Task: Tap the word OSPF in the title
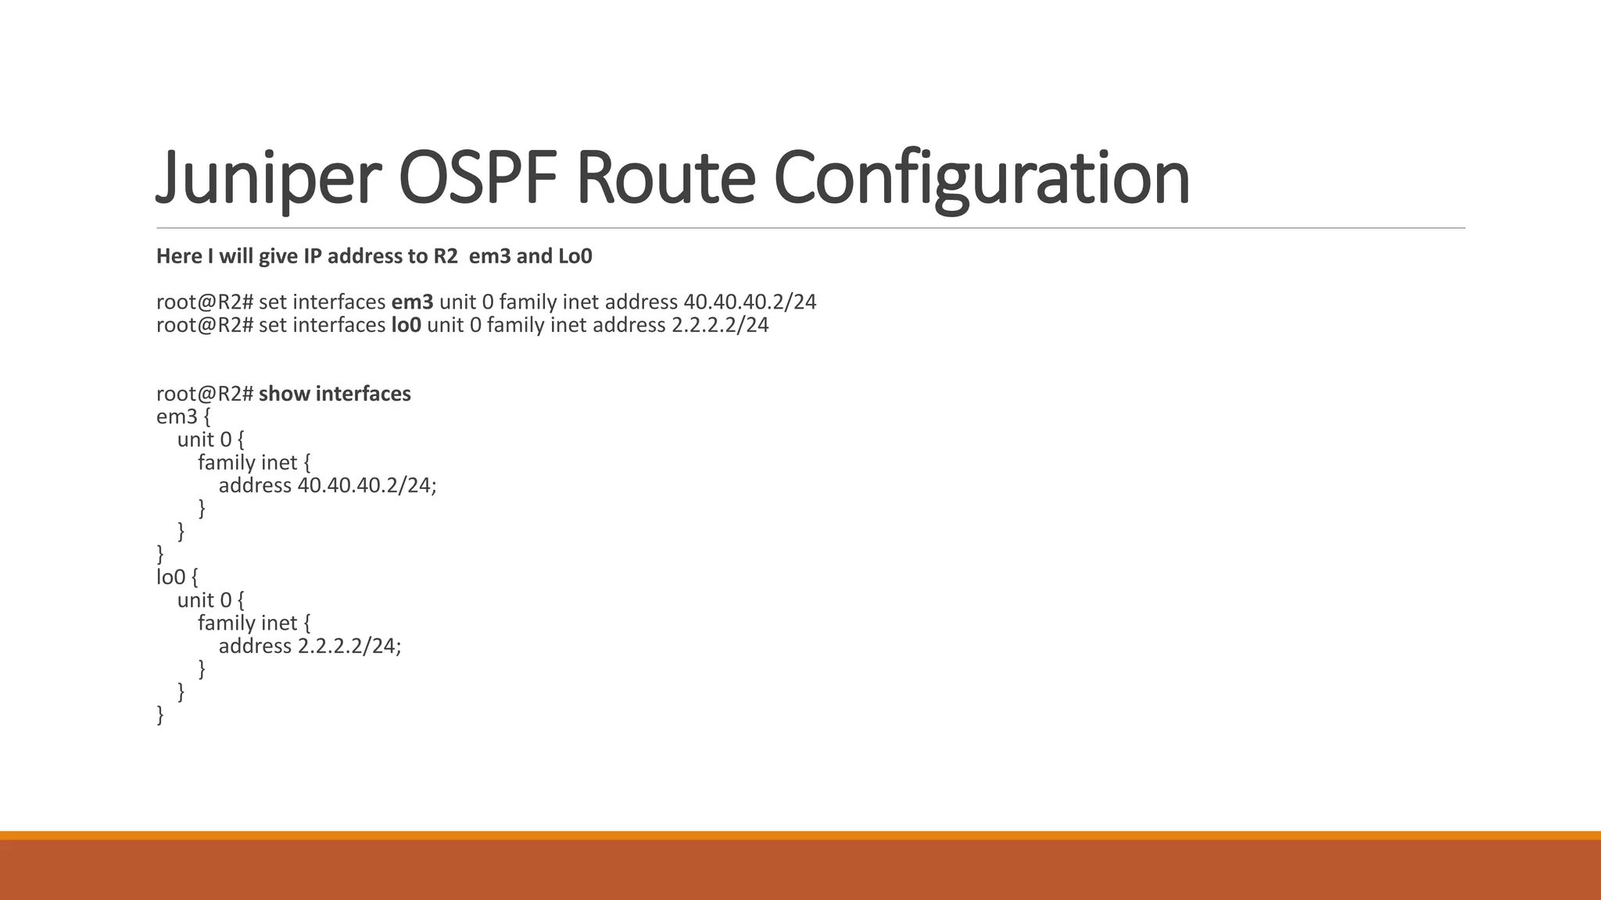[478, 178]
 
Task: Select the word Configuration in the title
[981, 178]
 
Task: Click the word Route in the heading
[665, 178]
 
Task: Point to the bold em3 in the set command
[412, 302]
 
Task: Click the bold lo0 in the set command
[406, 325]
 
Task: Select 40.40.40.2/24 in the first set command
[750, 302]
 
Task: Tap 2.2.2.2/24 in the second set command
[720, 325]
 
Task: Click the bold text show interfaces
[335, 394]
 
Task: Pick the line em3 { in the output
[184, 416]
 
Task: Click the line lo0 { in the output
[177, 577]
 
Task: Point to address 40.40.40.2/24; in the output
[327, 485]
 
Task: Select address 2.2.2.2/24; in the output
[310, 646]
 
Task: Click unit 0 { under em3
[210, 440]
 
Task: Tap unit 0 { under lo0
[210, 600]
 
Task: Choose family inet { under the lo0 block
[254, 623]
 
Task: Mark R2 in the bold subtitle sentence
[445, 256]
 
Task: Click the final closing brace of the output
[160, 715]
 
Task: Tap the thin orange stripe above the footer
[800, 835]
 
